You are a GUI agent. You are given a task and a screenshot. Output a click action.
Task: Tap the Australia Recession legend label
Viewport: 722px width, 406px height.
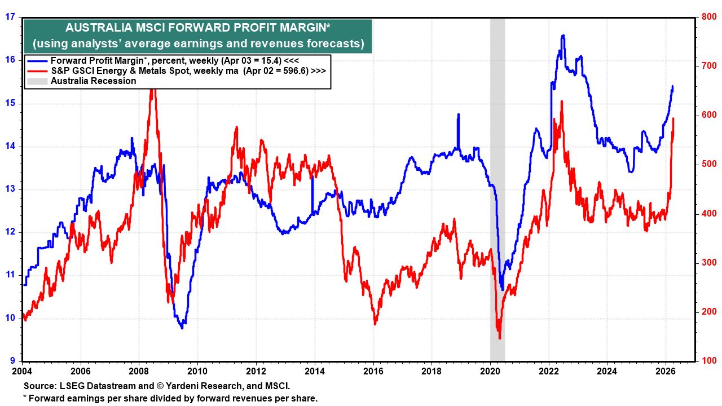pos(93,81)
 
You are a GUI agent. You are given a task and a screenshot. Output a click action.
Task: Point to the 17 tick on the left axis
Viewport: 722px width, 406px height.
pos(10,17)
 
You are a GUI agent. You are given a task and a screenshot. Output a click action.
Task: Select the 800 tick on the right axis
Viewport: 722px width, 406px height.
pos(708,17)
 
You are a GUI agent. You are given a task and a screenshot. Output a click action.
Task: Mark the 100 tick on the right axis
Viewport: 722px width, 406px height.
pos(708,361)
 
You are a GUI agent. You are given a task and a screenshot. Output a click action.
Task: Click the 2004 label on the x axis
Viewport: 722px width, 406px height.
pos(23,372)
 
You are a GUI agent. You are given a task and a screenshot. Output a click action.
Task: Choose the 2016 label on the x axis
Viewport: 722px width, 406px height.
pos(373,372)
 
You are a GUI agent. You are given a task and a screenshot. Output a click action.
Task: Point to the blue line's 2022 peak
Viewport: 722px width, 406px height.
pos(562,36)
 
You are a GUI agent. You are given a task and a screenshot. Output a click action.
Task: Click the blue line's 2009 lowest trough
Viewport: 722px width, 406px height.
pos(182,328)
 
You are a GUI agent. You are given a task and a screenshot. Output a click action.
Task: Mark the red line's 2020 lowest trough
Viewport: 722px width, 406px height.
pos(499,338)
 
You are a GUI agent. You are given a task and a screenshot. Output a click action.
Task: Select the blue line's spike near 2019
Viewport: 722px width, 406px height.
pos(458,114)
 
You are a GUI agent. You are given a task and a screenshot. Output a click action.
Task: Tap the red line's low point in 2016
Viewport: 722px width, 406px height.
pos(375,324)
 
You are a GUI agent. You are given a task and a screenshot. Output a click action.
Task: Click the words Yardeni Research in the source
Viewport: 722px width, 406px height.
pos(192,386)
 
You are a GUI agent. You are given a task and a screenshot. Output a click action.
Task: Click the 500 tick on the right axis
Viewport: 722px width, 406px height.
pos(708,164)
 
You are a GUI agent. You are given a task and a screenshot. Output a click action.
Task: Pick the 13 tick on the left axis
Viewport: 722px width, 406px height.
pos(10,189)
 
